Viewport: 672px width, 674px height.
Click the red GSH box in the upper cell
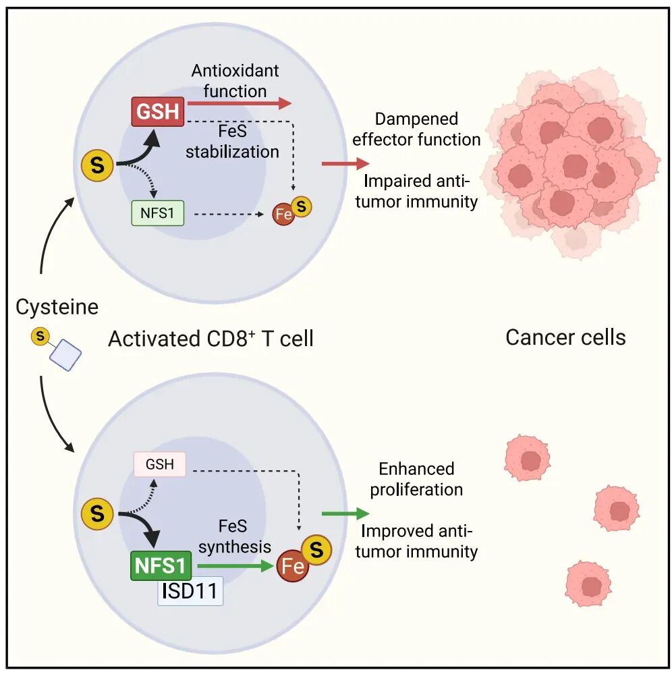point(157,112)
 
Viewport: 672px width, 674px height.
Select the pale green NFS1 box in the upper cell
point(157,213)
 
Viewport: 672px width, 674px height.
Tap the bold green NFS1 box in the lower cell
point(161,565)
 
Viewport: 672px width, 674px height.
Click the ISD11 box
point(190,591)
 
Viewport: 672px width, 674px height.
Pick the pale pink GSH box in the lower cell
point(159,464)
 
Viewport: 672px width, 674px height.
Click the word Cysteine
point(57,308)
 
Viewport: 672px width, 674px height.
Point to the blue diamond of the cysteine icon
point(65,355)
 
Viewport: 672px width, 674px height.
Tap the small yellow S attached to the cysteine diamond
point(40,336)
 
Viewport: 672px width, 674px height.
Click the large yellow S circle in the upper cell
point(97,165)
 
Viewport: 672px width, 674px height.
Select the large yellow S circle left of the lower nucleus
point(97,513)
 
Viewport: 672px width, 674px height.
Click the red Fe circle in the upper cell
point(283,214)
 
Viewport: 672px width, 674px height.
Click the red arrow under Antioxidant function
point(240,103)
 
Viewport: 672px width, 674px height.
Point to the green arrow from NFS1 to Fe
point(235,566)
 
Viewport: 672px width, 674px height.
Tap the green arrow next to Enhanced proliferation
point(345,513)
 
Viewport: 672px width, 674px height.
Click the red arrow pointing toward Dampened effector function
point(345,163)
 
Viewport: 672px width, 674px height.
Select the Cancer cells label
point(565,337)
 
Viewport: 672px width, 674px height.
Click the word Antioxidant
point(235,70)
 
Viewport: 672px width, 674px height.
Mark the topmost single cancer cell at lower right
point(527,458)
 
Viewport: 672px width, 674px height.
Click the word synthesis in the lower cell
point(235,546)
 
